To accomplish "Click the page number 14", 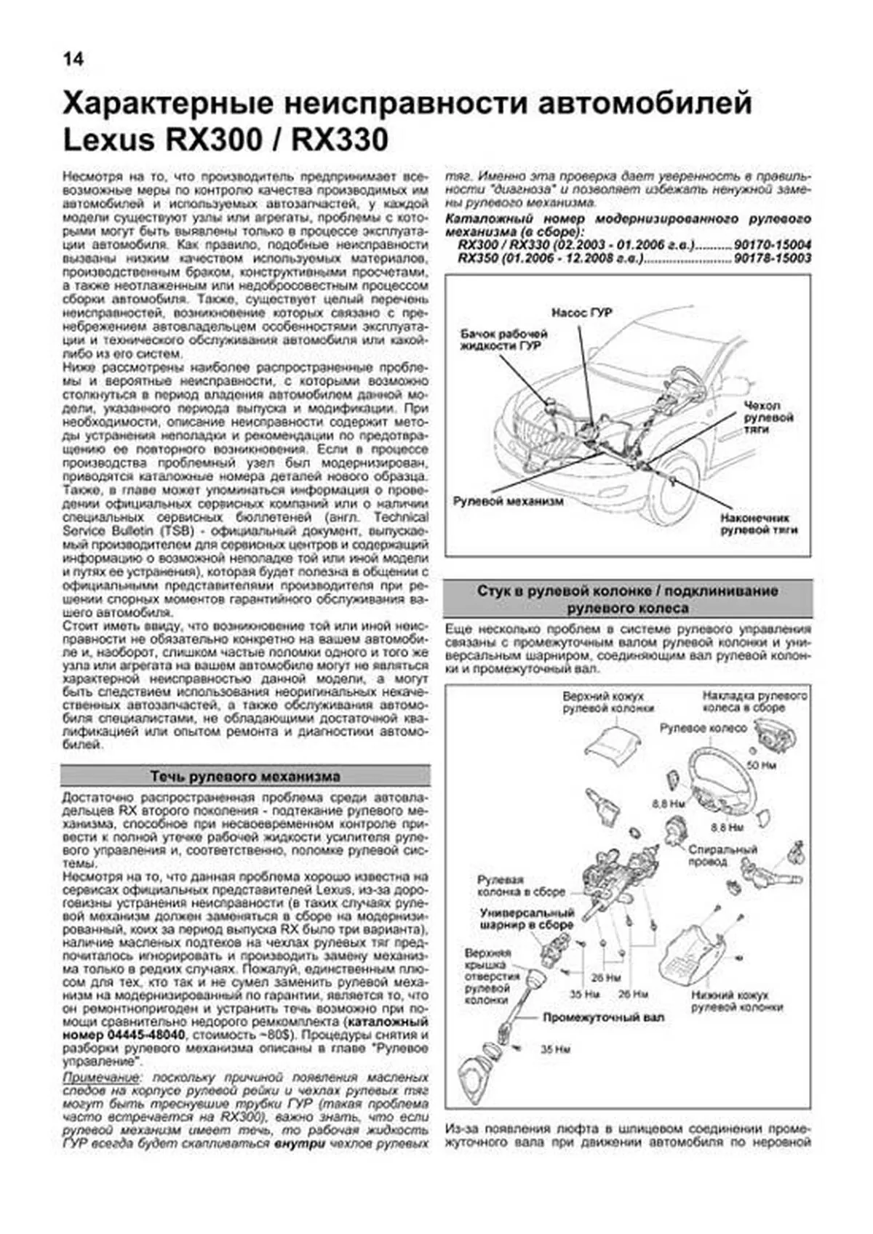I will point(73,59).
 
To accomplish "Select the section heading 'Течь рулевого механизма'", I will point(245,776).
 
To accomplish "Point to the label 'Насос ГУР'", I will point(581,313).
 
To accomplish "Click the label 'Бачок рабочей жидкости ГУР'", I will point(503,340).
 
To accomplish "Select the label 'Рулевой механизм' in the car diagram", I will point(508,502).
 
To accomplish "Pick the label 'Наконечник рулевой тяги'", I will point(758,524).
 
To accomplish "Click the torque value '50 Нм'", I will point(762,766).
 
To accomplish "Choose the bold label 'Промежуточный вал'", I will point(603,1018).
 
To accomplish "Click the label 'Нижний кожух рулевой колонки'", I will point(736,1001).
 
